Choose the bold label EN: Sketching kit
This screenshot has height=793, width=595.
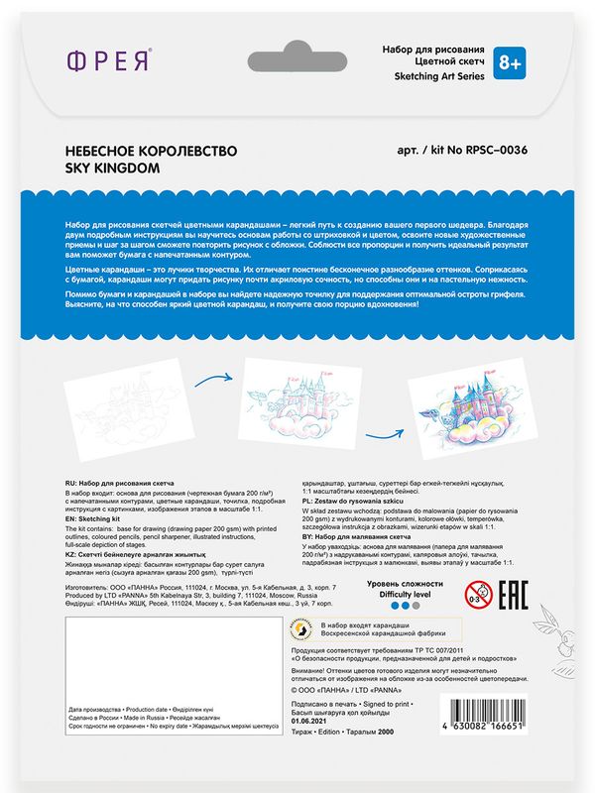(x=99, y=517)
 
